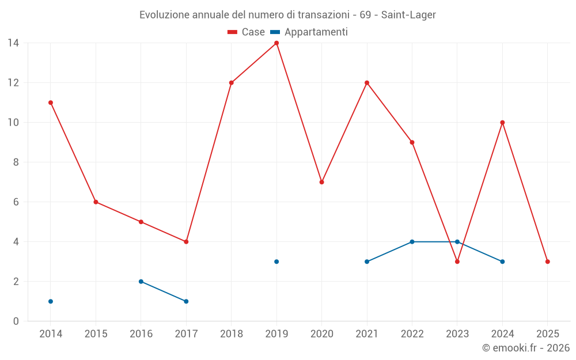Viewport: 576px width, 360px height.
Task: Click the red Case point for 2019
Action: point(276,43)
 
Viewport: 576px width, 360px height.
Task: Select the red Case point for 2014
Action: point(51,103)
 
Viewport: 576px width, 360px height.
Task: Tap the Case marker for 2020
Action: point(321,182)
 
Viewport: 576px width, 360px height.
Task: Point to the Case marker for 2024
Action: point(502,123)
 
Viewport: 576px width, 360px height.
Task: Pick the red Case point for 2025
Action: point(547,262)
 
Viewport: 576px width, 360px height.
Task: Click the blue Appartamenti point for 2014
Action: point(51,301)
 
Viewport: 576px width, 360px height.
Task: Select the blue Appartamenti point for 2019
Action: point(276,262)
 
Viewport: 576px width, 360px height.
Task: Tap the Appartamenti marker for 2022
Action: point(412,242)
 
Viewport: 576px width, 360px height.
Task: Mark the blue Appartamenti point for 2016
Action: point(141,282)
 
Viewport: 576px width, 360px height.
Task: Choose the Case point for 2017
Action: point(186,242)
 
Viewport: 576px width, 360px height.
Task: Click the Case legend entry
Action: point(247,32)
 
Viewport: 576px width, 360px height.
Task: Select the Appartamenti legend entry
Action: point(309,32)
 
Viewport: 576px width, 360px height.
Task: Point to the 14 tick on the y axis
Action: point(13,43)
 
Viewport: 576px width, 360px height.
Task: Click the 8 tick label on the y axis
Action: point(16,162)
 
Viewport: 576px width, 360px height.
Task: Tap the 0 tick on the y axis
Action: point(16,321)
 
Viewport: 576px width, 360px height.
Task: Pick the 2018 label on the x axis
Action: point(231,334)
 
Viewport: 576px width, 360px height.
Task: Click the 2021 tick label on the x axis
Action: point(366,334)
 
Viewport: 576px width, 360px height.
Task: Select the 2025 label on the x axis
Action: point(547,334)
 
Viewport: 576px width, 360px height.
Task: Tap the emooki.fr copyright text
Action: point(526,348)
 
